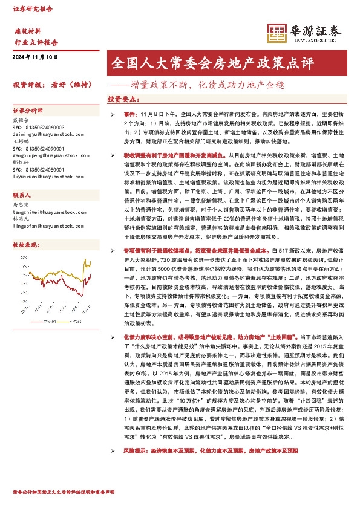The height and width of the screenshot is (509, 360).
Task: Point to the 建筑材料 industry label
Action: coord(28,31)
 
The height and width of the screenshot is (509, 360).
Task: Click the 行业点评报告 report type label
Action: coord(36,42)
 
